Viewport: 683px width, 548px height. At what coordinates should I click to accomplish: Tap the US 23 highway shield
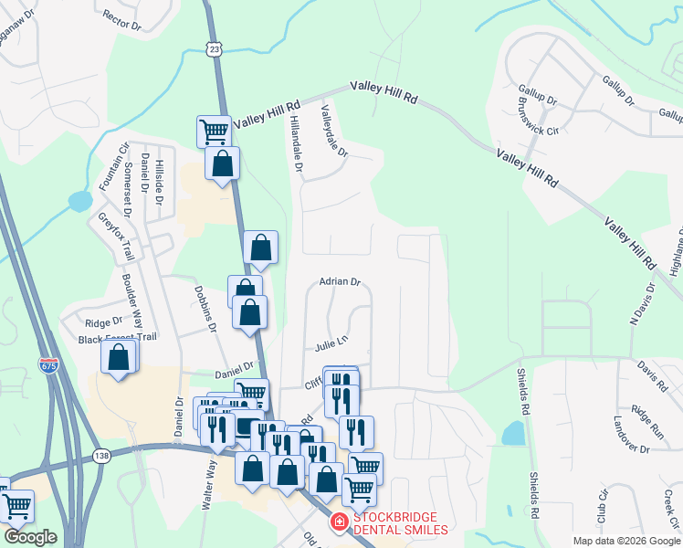(x=213, y=48)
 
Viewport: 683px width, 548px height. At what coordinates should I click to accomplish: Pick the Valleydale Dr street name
(x=334, y=131)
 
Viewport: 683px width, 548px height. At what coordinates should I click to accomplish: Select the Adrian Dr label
(x=341, y=282)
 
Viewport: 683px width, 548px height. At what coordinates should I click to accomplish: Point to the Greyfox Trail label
(x=116, y=237)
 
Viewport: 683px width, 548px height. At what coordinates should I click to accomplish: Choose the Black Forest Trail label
(x=118, y=338)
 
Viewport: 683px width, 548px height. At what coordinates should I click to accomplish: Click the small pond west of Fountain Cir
(x=80, y=200)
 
